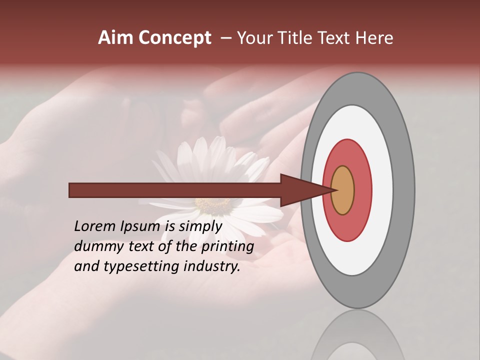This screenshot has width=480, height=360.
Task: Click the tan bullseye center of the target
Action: (343, 190)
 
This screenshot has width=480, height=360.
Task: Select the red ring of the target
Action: (362, 190)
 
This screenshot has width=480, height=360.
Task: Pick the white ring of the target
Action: (382, 190)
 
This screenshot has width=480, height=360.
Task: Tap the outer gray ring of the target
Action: (404, 190)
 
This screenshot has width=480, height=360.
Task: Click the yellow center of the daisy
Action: (212, 205)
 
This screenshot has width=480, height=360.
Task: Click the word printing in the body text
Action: (227, 246)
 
